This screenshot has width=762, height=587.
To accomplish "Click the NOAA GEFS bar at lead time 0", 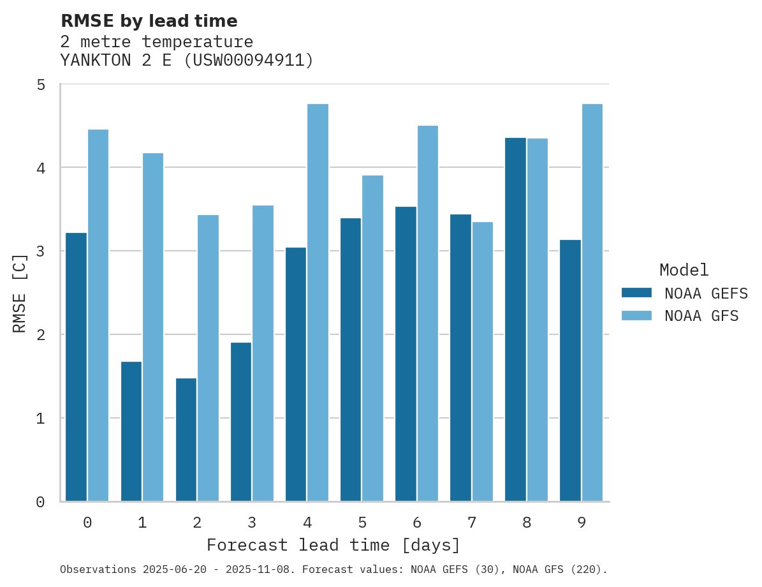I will click(76, 367).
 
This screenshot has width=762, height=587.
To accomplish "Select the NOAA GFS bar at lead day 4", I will click(318, 302).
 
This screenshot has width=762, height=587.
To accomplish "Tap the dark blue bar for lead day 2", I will click(186, 440).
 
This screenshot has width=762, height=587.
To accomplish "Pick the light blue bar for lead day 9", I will click(592, 302).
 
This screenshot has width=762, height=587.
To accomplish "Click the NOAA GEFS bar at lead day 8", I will click(515, 319).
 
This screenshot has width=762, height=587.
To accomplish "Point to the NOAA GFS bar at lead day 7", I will click(483, 361).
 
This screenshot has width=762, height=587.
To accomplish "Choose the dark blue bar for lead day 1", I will click(131, 431).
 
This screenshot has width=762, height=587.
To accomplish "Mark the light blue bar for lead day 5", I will click(373, 338).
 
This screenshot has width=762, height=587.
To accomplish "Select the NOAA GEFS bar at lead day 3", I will click(241, 422).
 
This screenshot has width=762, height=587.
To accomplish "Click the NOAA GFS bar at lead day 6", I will click(428, 313).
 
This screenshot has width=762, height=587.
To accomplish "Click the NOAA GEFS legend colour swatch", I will click(636, 293).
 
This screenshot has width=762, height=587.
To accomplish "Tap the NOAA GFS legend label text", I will click(701, 316).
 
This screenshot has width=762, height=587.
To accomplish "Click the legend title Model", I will click(684, 270).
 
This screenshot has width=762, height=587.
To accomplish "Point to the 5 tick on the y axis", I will click(40, 85).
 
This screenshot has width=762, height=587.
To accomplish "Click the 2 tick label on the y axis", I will click(40, 335).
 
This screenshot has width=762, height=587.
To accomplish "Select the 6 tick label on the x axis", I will click(417, 523).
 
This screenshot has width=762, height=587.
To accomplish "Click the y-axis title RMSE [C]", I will click(20, 293).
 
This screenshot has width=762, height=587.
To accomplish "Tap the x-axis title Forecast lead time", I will click(333, 546).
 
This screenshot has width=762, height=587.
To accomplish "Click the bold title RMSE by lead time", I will click(149, 21).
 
